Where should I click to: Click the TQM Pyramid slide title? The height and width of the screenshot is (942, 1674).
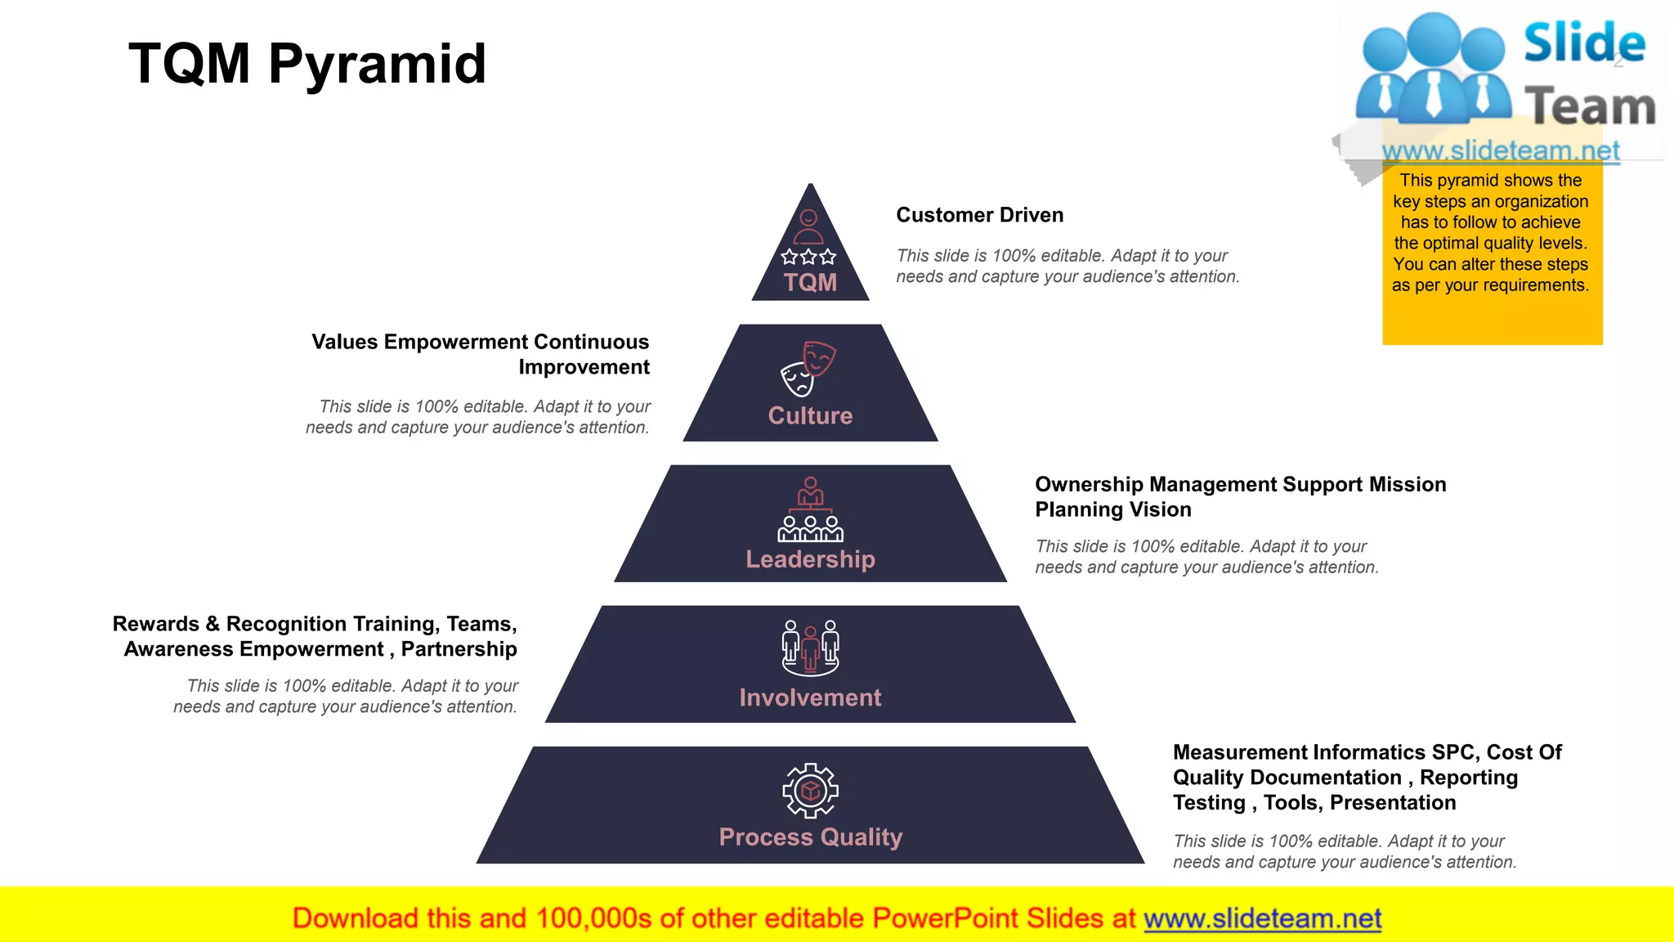coord(307,64)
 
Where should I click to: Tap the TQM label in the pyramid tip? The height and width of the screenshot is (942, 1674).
coord(810,283)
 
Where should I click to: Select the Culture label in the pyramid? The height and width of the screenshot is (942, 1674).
coord(810,415)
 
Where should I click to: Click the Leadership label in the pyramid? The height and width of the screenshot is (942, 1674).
coord(810,559)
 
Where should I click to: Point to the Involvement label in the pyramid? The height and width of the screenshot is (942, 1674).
coord(810,698)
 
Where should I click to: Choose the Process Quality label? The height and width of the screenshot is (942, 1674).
coord(810,837)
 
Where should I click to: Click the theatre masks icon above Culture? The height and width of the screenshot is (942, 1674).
coord(808,368)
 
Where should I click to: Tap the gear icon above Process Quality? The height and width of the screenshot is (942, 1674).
coord(810,791)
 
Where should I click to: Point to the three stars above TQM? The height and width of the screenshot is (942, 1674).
coord(808,257)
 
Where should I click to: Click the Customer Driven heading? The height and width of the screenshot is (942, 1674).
coord(979,215)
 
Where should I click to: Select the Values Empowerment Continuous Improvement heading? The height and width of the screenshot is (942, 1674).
coord(481,354)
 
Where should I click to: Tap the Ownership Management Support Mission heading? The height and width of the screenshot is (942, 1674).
coord(1240,496)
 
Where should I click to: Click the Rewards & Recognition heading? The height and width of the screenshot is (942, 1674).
coord(316,636)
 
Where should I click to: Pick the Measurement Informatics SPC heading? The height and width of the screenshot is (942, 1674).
coord(1367,777)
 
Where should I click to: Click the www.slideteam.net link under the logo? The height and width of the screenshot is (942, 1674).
coord(1501,150)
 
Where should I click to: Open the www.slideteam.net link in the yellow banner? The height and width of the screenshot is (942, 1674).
coord(1262,918)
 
